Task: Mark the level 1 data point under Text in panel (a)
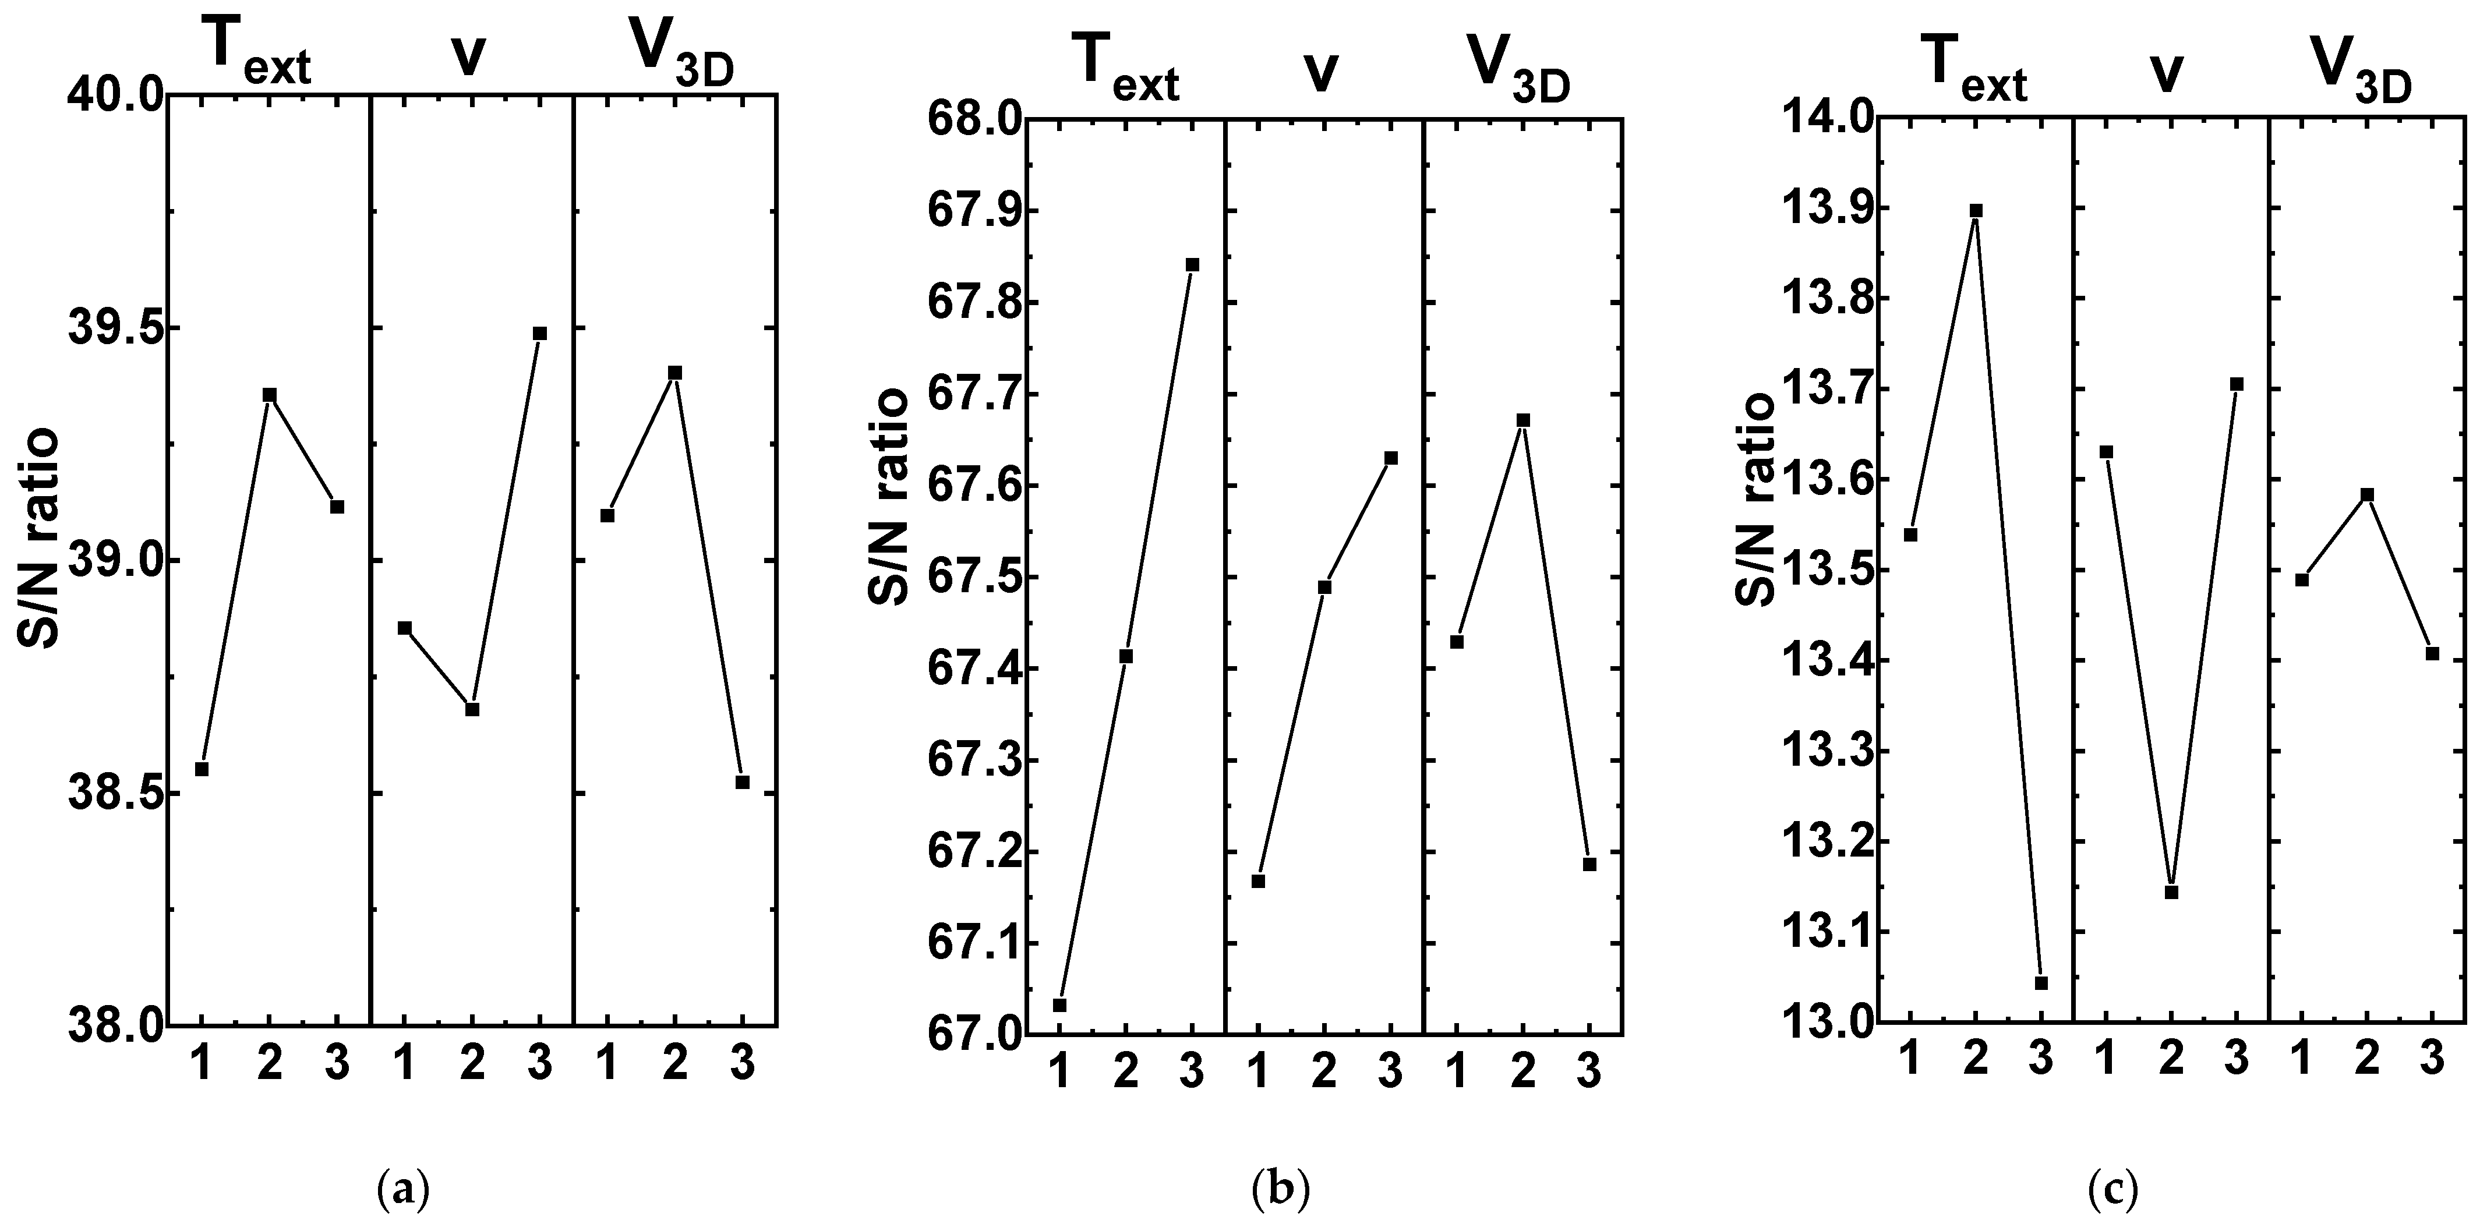coord(202,769)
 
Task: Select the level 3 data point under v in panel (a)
coord(540,333)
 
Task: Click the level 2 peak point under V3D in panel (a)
coord(675,372)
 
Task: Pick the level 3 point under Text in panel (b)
coord(1192,264)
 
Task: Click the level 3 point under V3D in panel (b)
coord(1589,864)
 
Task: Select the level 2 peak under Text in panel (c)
coord(1975,210)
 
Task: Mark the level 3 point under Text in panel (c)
coord(2041,983)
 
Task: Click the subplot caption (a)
coord(402,1187)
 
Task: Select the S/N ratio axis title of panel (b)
coord(888,497)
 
